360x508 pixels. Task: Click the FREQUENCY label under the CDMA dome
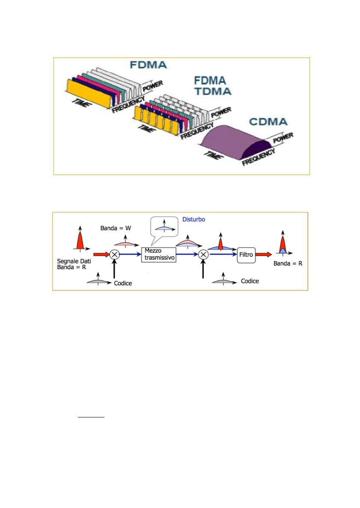(259, 157)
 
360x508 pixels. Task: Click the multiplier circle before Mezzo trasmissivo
(114, 254)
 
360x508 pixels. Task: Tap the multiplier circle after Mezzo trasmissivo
(203, 254)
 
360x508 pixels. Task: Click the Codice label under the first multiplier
(123, 283)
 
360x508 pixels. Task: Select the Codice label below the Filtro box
(250, 281)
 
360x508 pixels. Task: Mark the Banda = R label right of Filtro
(288, 264)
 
